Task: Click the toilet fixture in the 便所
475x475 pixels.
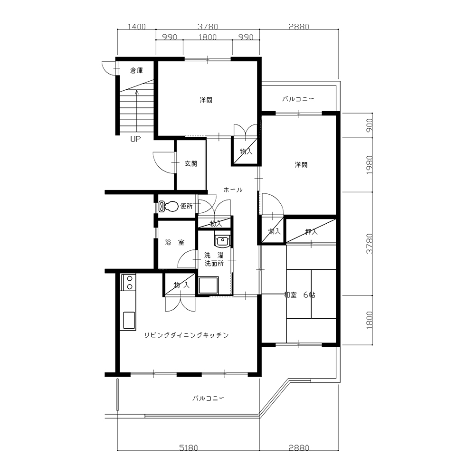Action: [x=169, y=206]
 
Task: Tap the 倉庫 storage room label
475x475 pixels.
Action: [x=136, y=71]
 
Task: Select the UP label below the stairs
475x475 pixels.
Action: [x=135, y=139]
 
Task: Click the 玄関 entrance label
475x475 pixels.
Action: [x=191, y=164]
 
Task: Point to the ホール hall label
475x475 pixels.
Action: [x=233, y=190]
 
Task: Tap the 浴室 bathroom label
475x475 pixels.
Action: [x=174, y=242]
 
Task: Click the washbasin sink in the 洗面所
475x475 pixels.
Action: [x=222, y=240]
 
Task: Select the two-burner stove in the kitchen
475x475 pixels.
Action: [x=128, y=282]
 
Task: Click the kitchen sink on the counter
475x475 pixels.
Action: [x=129, y=320]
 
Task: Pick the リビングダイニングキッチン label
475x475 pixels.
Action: [x=186, y=335]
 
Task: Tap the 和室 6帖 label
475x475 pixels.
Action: [x=300, y=295]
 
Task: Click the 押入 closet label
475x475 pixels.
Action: [x=312, y=232]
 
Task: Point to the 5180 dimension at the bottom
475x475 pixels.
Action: [x=189, y=448]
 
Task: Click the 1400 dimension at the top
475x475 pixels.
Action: [x=136, y=27]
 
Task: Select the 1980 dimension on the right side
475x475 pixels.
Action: [x=369, y=165]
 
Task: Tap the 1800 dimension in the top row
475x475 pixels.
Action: [x=208, y=37]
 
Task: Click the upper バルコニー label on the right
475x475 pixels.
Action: [x=298, y=99]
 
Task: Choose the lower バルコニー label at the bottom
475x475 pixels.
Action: [x=209, y=398]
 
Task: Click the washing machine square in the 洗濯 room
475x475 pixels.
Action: [x=209, y=285]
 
